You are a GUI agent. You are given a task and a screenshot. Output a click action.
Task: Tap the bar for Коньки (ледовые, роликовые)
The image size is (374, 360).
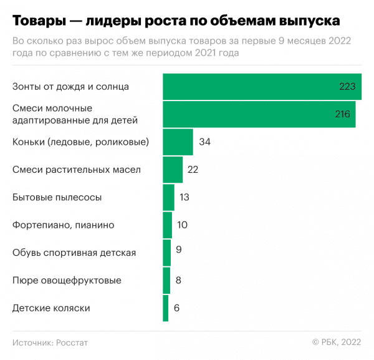(x=178, y=142)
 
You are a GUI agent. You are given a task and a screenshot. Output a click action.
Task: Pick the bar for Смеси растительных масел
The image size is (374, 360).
(x=173, y=169)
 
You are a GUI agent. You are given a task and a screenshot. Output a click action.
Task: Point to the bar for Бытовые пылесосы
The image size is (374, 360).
(x=168, y=197)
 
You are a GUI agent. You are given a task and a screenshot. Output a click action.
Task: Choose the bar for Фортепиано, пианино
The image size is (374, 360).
(x=167, y=225)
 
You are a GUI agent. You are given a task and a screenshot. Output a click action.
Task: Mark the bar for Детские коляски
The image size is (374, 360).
(x=166, y=308)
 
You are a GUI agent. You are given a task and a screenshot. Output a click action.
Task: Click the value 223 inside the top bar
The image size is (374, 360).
(x=348, y=87)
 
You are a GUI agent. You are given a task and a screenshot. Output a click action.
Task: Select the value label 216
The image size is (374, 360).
(x=342, y=114)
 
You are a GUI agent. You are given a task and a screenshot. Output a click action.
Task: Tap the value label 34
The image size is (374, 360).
(x=204, y=142)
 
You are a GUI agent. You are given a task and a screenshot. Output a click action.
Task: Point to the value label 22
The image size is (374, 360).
(x=193, y=169)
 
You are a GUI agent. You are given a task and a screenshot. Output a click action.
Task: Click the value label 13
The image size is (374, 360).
(x=184, y=197)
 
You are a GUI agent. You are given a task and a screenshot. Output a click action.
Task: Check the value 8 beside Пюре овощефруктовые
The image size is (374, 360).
(x=178, y=280)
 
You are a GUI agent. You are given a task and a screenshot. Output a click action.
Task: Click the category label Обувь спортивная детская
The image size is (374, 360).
(x=74, y=253)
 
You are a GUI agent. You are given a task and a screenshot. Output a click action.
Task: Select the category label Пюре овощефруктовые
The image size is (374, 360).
(x=67, y=280)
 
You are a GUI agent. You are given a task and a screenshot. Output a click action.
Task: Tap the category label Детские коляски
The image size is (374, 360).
(x=52, y=308)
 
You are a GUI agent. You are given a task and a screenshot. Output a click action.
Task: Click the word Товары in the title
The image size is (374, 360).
(x=38, y=21)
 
